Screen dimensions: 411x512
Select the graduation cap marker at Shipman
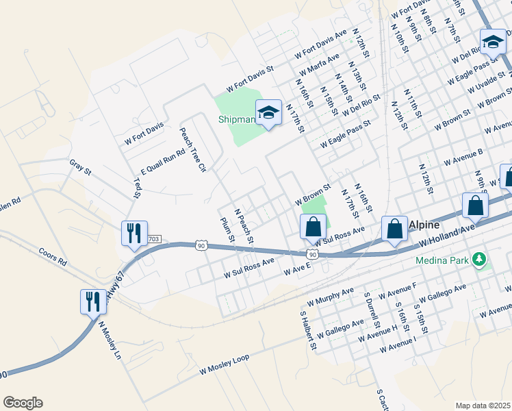[268, 113]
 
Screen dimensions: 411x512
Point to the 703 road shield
[153, 238]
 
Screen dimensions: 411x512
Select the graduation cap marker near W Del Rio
[492, 43]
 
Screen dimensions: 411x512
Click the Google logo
[23, 403]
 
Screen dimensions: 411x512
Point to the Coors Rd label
[53, 257]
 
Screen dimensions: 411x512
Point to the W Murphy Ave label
[331, 296]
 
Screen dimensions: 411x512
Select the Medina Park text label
[444, 260]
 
